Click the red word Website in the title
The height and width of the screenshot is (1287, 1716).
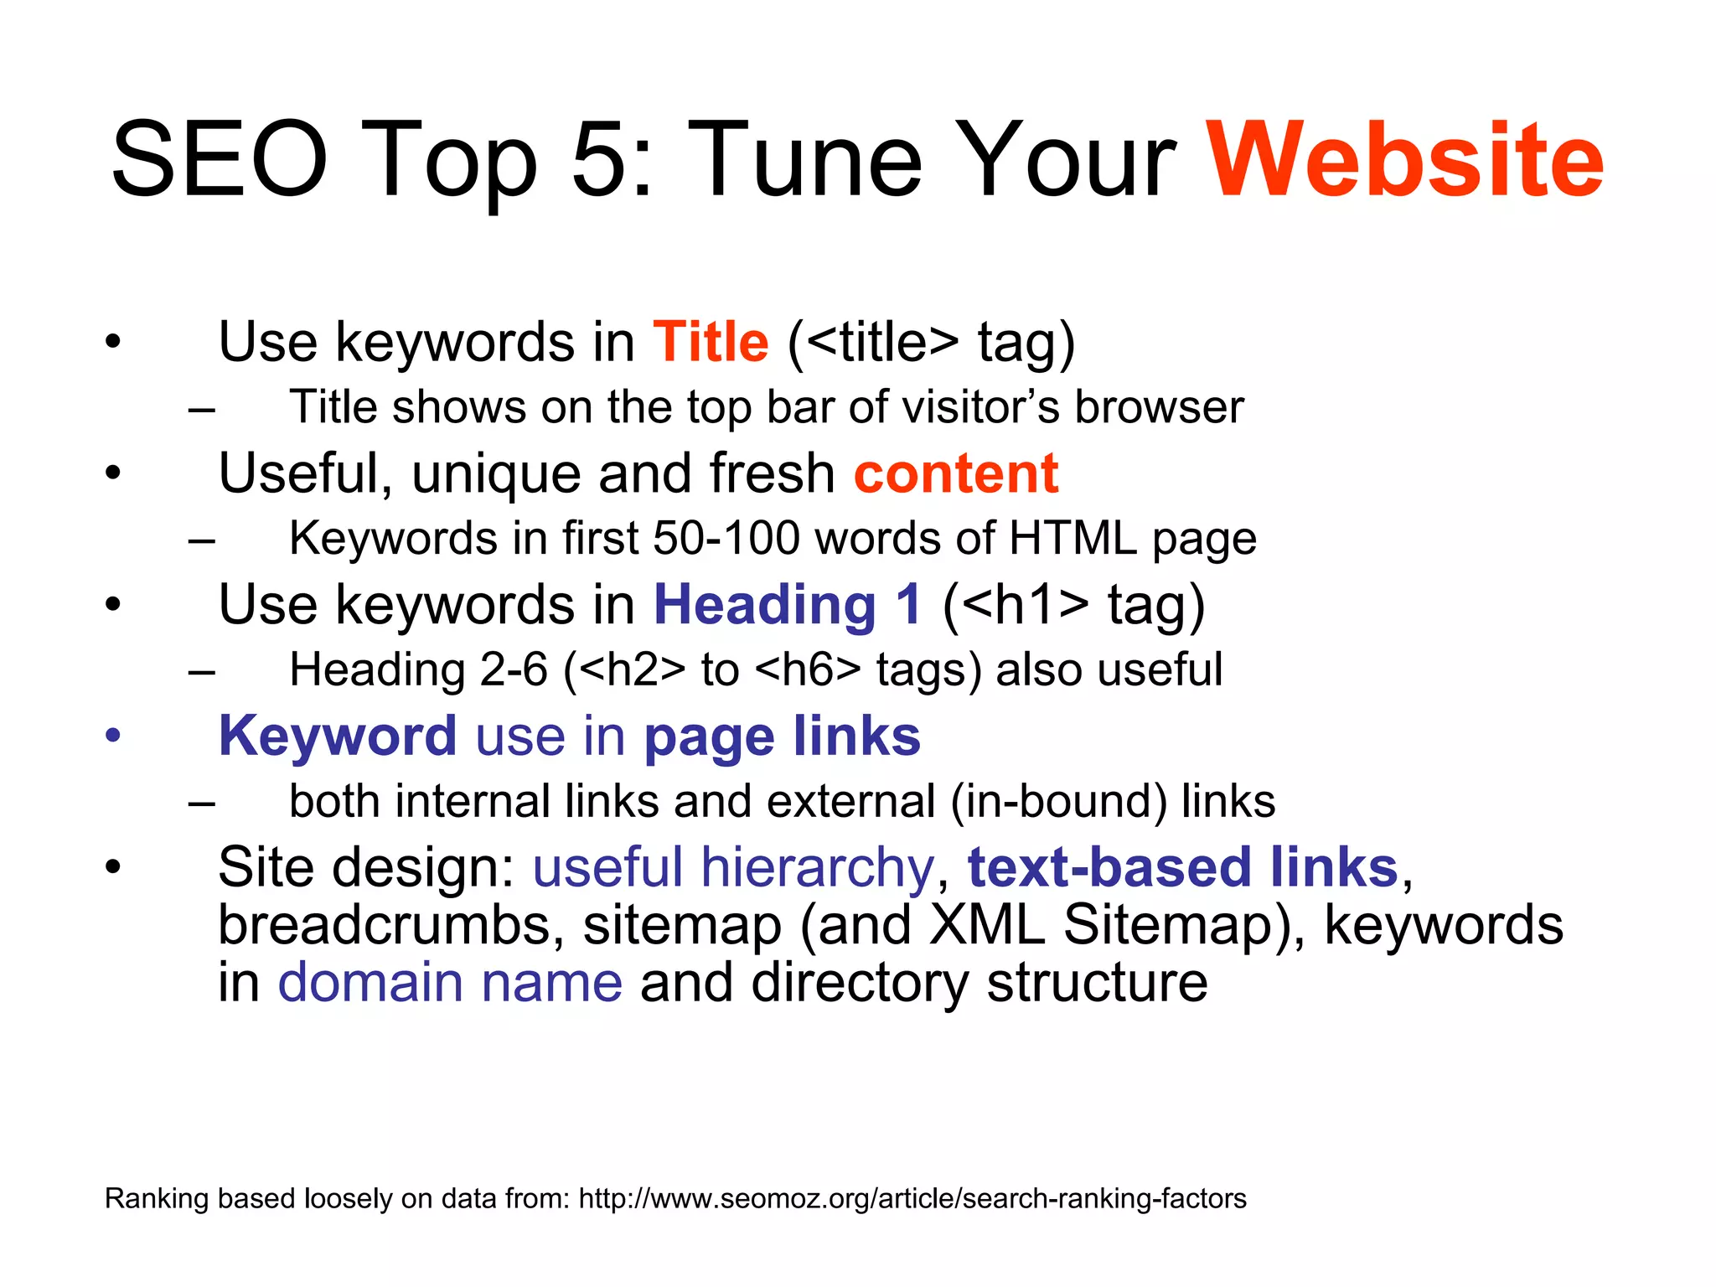[x=1405, y=161]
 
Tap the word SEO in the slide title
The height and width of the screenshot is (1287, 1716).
[x=220, y=161]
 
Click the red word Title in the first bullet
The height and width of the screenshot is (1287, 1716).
[x=711, y=343]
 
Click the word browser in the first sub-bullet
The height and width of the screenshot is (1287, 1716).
[x=1159, y=408]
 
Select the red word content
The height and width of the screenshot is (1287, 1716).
[x=956, y=474]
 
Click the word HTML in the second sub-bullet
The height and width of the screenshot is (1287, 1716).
[x=1073, y=539]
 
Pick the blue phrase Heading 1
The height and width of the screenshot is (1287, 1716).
[x=788, y=605]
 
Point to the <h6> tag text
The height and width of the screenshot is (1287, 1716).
[x=808, y=670]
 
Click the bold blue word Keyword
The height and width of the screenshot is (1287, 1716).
[x=338, y=737]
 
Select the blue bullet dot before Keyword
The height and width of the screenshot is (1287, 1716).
[x=113, y=737]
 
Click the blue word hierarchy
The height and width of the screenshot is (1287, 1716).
[x=817, y=867]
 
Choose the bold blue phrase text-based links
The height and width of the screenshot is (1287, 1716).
[x=1182, y=867]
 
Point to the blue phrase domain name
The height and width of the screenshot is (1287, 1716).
[x=450, y=983]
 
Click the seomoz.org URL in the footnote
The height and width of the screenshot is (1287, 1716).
[x=912, y=1199]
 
